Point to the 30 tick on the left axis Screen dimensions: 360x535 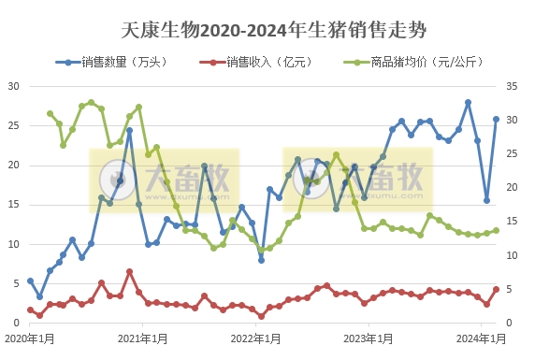14,86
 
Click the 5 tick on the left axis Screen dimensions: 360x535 17,283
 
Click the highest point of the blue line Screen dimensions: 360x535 468,102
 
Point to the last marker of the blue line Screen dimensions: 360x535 496,119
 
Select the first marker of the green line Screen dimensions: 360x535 50,113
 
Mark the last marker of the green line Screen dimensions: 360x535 496,230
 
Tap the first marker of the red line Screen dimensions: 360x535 30,310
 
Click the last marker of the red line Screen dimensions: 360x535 496,290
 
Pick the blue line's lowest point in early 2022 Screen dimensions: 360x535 261,259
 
